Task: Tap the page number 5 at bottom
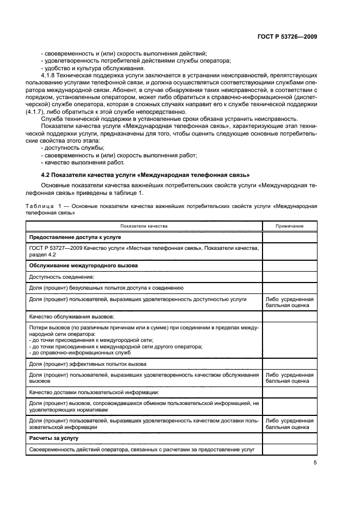click(315, 463)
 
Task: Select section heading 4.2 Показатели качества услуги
click(145, 175)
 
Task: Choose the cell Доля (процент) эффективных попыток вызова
click(87, 364)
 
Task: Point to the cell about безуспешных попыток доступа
click(106, 287)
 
